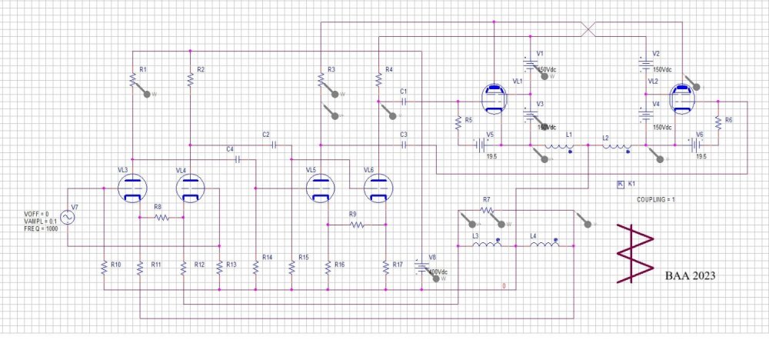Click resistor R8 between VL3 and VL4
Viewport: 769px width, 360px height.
pos(161,218)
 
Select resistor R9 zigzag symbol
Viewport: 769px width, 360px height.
pos(356,225)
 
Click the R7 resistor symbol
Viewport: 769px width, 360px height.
pos(488,209)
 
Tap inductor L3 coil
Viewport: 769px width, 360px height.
pos(486,246)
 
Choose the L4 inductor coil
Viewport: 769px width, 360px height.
pos(545,246)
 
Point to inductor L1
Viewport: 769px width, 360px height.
pos(557,146)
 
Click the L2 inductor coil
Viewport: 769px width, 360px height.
pos(616,146)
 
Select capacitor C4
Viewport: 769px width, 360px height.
pos(238,159)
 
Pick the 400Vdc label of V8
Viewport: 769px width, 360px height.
pos(439,272)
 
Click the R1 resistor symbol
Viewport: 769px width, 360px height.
pos(132,79)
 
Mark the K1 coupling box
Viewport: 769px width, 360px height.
pos(620,184)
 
